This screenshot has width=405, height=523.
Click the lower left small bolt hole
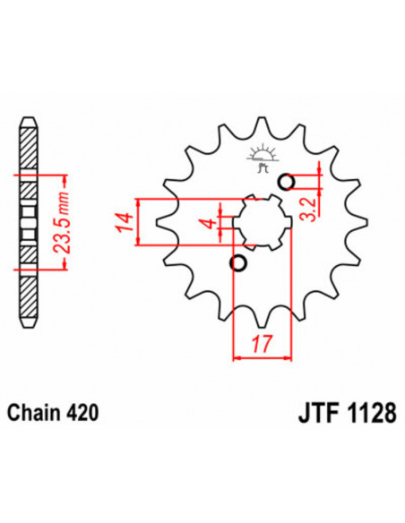(x=238, y=263)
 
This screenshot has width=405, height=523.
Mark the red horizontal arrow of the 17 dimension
(x=263, y=357)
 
